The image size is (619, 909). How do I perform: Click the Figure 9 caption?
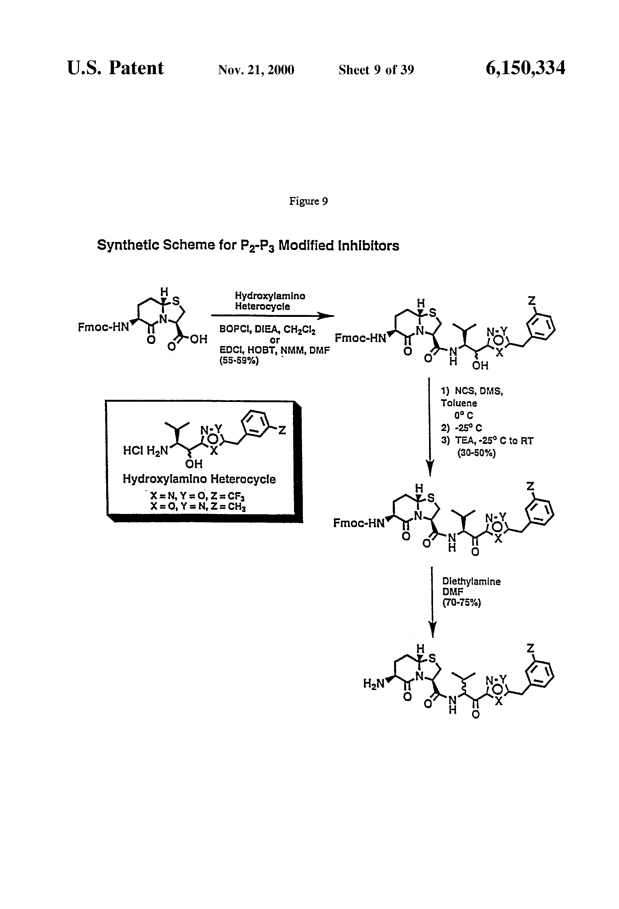tap(308, 201)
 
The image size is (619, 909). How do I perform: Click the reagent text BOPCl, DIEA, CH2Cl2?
tap(268, 329)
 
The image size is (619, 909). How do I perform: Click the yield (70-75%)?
tap(461, 603)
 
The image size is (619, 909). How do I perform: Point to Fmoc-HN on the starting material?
tap(103, 327)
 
